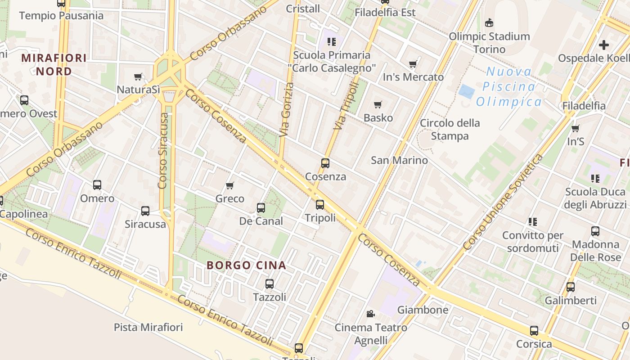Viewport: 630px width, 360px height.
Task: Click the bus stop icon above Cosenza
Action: (325, 163)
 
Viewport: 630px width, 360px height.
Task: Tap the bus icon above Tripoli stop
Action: (319, 205)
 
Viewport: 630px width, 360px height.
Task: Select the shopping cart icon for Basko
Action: (378, 105)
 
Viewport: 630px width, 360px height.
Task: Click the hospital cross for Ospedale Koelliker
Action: (604, 45)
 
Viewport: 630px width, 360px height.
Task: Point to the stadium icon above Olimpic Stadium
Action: (489, 22)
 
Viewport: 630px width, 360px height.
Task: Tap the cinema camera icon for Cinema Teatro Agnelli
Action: (370, 314)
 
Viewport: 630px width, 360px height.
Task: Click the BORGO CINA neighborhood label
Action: (246, 265)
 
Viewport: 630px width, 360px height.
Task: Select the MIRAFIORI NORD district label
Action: (54, 64)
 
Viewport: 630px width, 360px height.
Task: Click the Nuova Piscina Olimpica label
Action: (508, 86)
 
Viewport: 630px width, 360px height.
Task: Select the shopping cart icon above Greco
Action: (230, 185)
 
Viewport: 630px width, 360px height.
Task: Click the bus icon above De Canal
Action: (261, 208)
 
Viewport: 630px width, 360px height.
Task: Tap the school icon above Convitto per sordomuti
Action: (532, 221)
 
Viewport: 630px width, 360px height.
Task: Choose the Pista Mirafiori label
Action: (148, 327)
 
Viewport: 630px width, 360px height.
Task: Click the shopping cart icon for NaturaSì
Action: (138, 77)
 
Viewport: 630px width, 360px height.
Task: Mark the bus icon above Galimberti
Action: (571, 287)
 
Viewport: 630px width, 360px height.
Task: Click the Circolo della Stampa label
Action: (450, 129)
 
